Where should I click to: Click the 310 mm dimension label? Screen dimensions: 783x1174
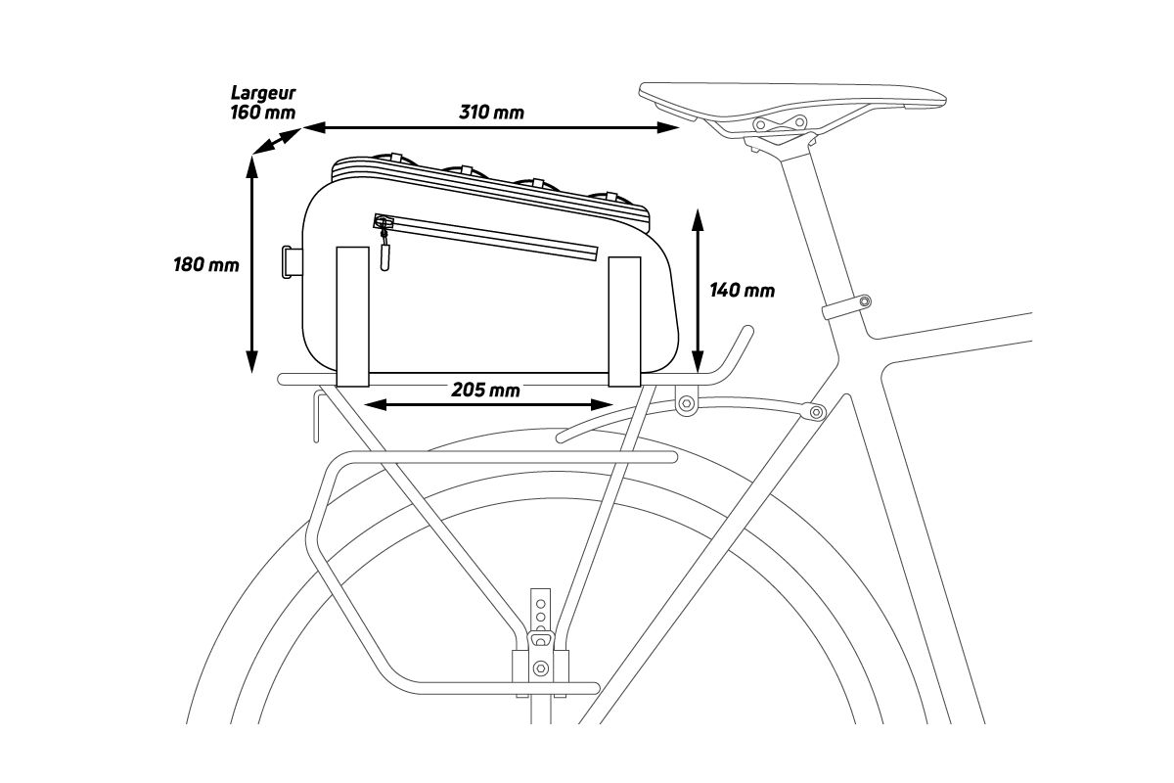coord(491,112)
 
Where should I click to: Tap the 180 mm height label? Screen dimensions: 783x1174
coord(206,264)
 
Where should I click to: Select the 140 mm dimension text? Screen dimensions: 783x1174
coord(742,290)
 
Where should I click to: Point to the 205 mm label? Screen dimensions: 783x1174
coord(485,390)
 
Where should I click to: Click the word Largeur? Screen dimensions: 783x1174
coord(262,93)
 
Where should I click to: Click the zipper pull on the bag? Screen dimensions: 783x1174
coord(384,253)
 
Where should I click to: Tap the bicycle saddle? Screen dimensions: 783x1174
coord(792,96)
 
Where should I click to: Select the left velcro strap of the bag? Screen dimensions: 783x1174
coord(352,315)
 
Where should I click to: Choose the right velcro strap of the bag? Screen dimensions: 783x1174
coord(623,319)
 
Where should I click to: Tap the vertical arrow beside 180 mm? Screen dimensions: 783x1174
coord(251,264)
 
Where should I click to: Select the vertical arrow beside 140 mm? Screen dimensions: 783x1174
coord(697,290)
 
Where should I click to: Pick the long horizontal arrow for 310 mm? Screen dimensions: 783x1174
coord(491,127)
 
